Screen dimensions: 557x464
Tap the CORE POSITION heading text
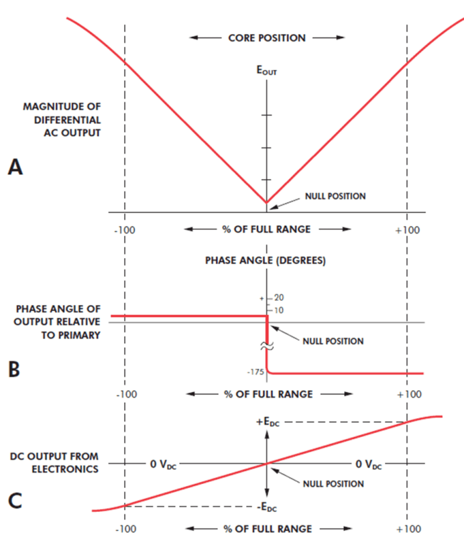(267, 38)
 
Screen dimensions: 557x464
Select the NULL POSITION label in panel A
(335, 196)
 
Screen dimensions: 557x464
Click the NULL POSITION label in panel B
(333, 341)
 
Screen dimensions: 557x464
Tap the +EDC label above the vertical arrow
(268, 422)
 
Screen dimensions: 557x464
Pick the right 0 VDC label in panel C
(369, 464)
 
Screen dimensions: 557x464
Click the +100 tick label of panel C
(408, 529)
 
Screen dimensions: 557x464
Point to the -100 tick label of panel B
(126, 394)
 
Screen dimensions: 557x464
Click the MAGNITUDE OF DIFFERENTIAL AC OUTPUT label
(62, 119)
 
